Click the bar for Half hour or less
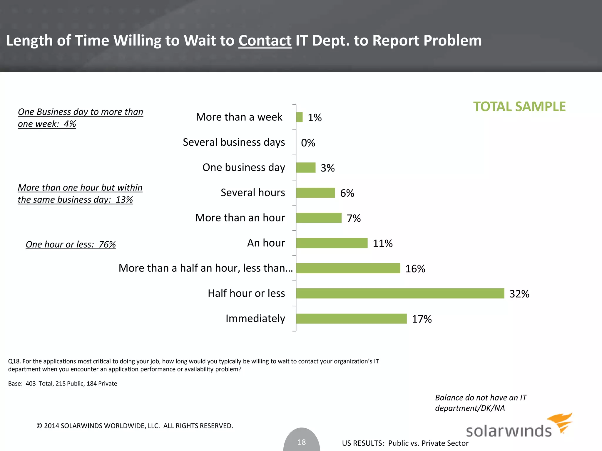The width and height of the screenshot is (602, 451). pyautogui.click(x=400, y=293)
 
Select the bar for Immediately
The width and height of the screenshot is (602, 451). pyautogui.click(x=351, y=319)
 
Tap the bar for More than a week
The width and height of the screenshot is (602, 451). pyautogui.click(x=299, y=117)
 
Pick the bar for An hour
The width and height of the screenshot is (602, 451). pyautogui.click(x=332, y=243)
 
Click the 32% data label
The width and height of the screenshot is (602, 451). pyautogui.click(x=519, y=294)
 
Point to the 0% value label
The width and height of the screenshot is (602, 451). pyautogui.click(x=308, y=143)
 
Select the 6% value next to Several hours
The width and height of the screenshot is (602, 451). pyautogui.click(x=347, y=193)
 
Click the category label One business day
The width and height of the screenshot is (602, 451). pyautogui.click(x=244, y=167)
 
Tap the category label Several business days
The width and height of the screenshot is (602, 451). pyautogui.click(x=234, y=142)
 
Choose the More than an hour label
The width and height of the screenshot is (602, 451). pyautogui.click(x=240, y=218)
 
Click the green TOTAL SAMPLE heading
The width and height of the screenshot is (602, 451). pyautogui.click(x=519, y=107)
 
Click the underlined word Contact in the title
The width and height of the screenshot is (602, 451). pyautogui.click(x=265, y=41)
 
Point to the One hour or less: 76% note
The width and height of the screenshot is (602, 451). pyautogui.click(x=71, y=244)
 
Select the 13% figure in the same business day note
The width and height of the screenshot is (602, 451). pyautogui.click(x=124, y=200)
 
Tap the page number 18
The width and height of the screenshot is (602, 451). pyautogui.click(x=302, y=442)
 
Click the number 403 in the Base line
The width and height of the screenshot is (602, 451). pyautogui.click(x=31, y=384)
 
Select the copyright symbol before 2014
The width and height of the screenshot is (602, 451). pyautogui.click(x=39, y=426)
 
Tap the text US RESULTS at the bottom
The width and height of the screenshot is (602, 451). pyautogui.click(x=363, y=443)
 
